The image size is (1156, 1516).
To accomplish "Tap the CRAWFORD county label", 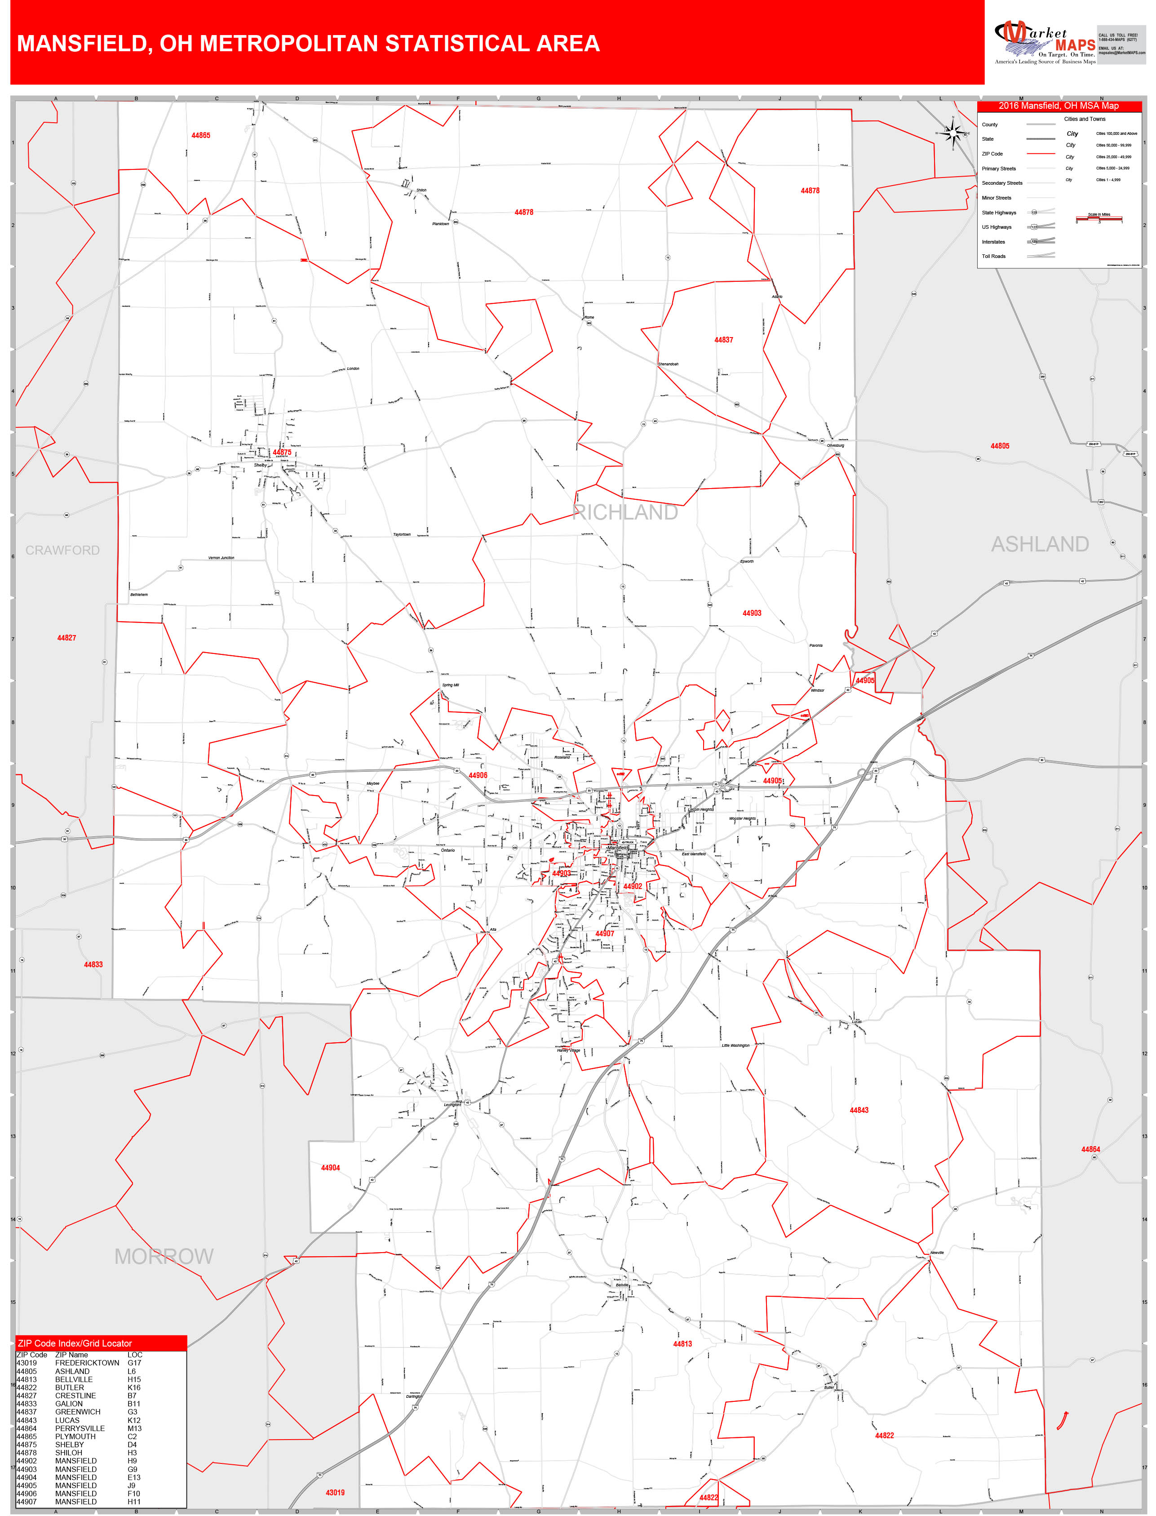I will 62,551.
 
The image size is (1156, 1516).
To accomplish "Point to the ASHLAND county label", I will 1039,544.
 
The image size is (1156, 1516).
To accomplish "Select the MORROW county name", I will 164,1257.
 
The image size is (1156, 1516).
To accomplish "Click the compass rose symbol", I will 953,133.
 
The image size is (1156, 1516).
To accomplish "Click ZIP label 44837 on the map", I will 723,340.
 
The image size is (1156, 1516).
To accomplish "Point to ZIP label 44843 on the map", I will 859,1110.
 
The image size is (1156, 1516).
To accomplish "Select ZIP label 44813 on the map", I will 682,1343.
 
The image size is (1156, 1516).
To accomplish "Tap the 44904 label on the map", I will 330,1168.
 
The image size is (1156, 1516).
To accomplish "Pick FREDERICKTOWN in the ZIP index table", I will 88,1363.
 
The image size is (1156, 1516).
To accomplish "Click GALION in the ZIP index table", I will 69,1403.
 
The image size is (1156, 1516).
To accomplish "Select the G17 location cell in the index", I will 134,1363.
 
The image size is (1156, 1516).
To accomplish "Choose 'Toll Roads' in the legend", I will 994,256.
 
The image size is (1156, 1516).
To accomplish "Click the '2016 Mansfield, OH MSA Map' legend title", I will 1059,106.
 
